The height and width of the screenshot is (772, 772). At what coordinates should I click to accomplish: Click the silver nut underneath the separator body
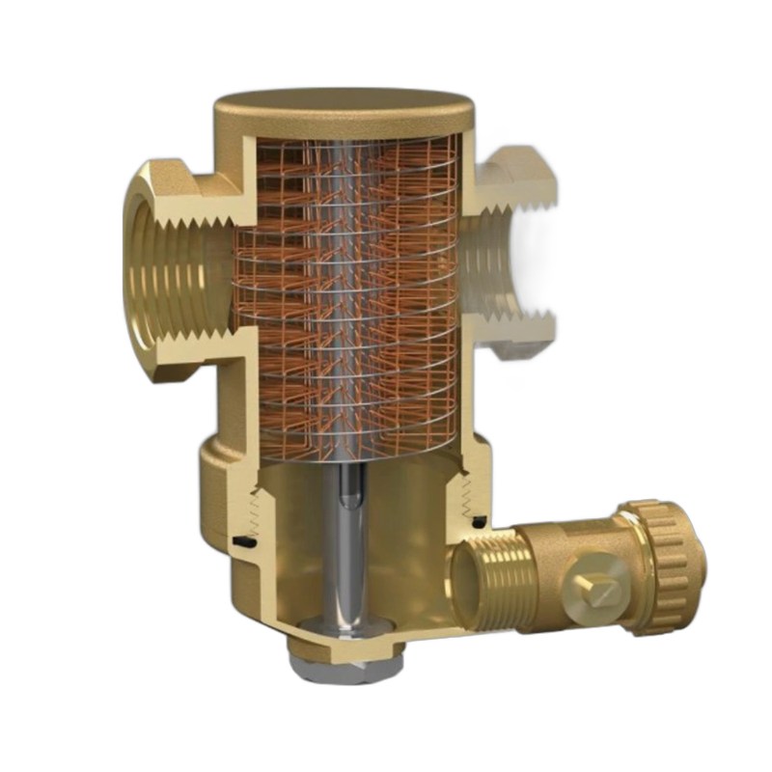coord(342,661)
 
